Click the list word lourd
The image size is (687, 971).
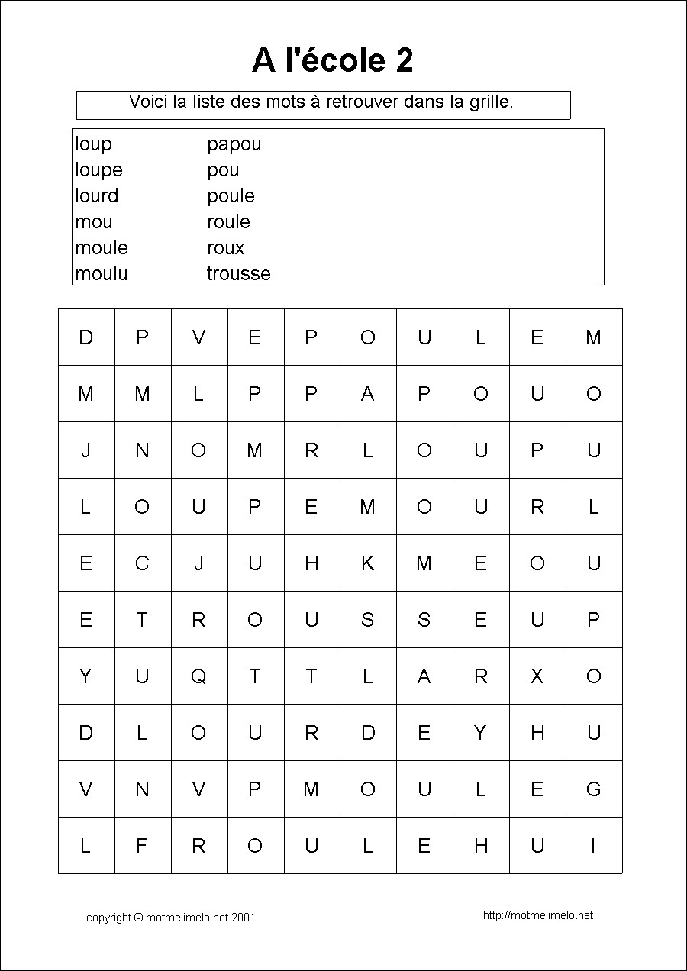(97, 195)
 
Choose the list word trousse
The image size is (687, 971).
(238, 273)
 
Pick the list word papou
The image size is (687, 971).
(234, 144)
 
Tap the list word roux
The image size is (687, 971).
(225, 247)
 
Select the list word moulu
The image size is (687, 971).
(102, 273)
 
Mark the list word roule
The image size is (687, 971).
(228, 221)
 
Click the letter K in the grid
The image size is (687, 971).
(367, 563)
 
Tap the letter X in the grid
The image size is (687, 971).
(537, 676)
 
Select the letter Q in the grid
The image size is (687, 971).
(198, 676)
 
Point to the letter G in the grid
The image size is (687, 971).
(593, 789)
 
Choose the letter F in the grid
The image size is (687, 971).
(142, 846)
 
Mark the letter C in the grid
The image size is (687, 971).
(142, 563)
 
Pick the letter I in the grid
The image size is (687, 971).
(593, 846)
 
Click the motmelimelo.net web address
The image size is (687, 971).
(538, 915)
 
